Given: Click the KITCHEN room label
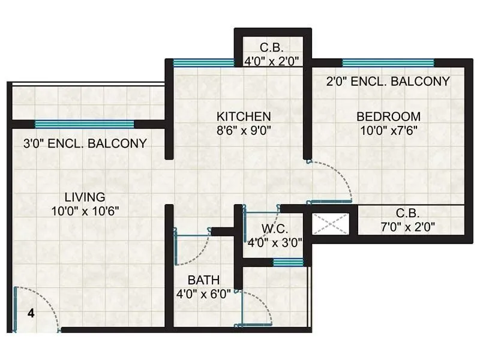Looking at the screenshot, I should (x=244, y=116).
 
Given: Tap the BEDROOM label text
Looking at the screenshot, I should (x=388, y=116).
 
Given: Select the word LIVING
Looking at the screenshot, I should (x=85, y=197).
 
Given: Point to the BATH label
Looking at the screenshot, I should (x=203, y=280).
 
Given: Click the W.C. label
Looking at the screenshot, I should (x=275, y=229).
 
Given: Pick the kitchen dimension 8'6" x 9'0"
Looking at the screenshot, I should (x=244, y=130).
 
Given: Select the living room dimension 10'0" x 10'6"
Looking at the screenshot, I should (x=85, y=211).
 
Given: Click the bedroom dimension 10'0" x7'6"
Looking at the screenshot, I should (x=388, y=130).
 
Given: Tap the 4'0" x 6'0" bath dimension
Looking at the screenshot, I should (x=203, y=293).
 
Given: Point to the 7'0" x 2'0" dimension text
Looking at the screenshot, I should (x=407, y=227).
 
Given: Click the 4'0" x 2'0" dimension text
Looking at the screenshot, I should (x=272, y=61).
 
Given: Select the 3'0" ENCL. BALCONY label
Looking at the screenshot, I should (x=85, y=143).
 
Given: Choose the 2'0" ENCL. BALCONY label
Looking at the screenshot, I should (x=388, y=82).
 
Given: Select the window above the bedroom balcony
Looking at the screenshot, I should (x=388, y=62).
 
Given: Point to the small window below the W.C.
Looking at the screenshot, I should (x=288, y=262).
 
